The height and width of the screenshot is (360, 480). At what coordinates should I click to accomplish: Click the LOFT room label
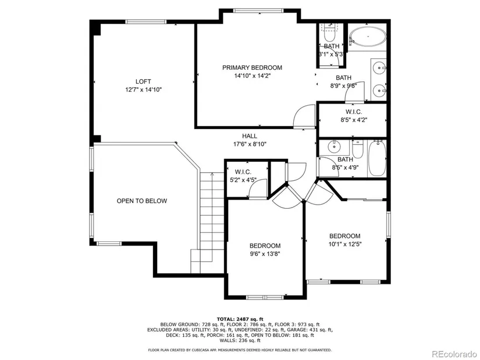tap(143, 81)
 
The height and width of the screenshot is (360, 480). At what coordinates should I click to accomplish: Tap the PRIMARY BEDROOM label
tap(253, 67)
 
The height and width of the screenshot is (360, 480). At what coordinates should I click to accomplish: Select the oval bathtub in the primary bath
tap(368, 37)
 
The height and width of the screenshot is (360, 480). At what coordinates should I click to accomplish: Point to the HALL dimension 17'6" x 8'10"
tap(250, 144)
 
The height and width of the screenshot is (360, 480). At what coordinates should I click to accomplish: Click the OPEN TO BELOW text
tap(142, 201)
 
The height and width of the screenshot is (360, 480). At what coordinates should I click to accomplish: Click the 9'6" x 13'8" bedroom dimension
tap(265, 254)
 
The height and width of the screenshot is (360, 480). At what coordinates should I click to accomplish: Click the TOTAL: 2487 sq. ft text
tap(240, 319)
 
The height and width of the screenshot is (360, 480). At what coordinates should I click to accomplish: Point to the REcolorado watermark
tap(454, 354)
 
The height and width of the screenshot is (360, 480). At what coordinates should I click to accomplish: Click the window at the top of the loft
tap(145, 22)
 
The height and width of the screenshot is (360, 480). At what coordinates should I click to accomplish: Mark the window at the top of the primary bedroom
tap(259, 10)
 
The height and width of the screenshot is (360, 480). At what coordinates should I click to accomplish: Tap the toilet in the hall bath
tap(357, 149)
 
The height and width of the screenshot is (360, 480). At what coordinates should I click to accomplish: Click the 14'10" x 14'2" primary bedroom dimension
tap(253, 76)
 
